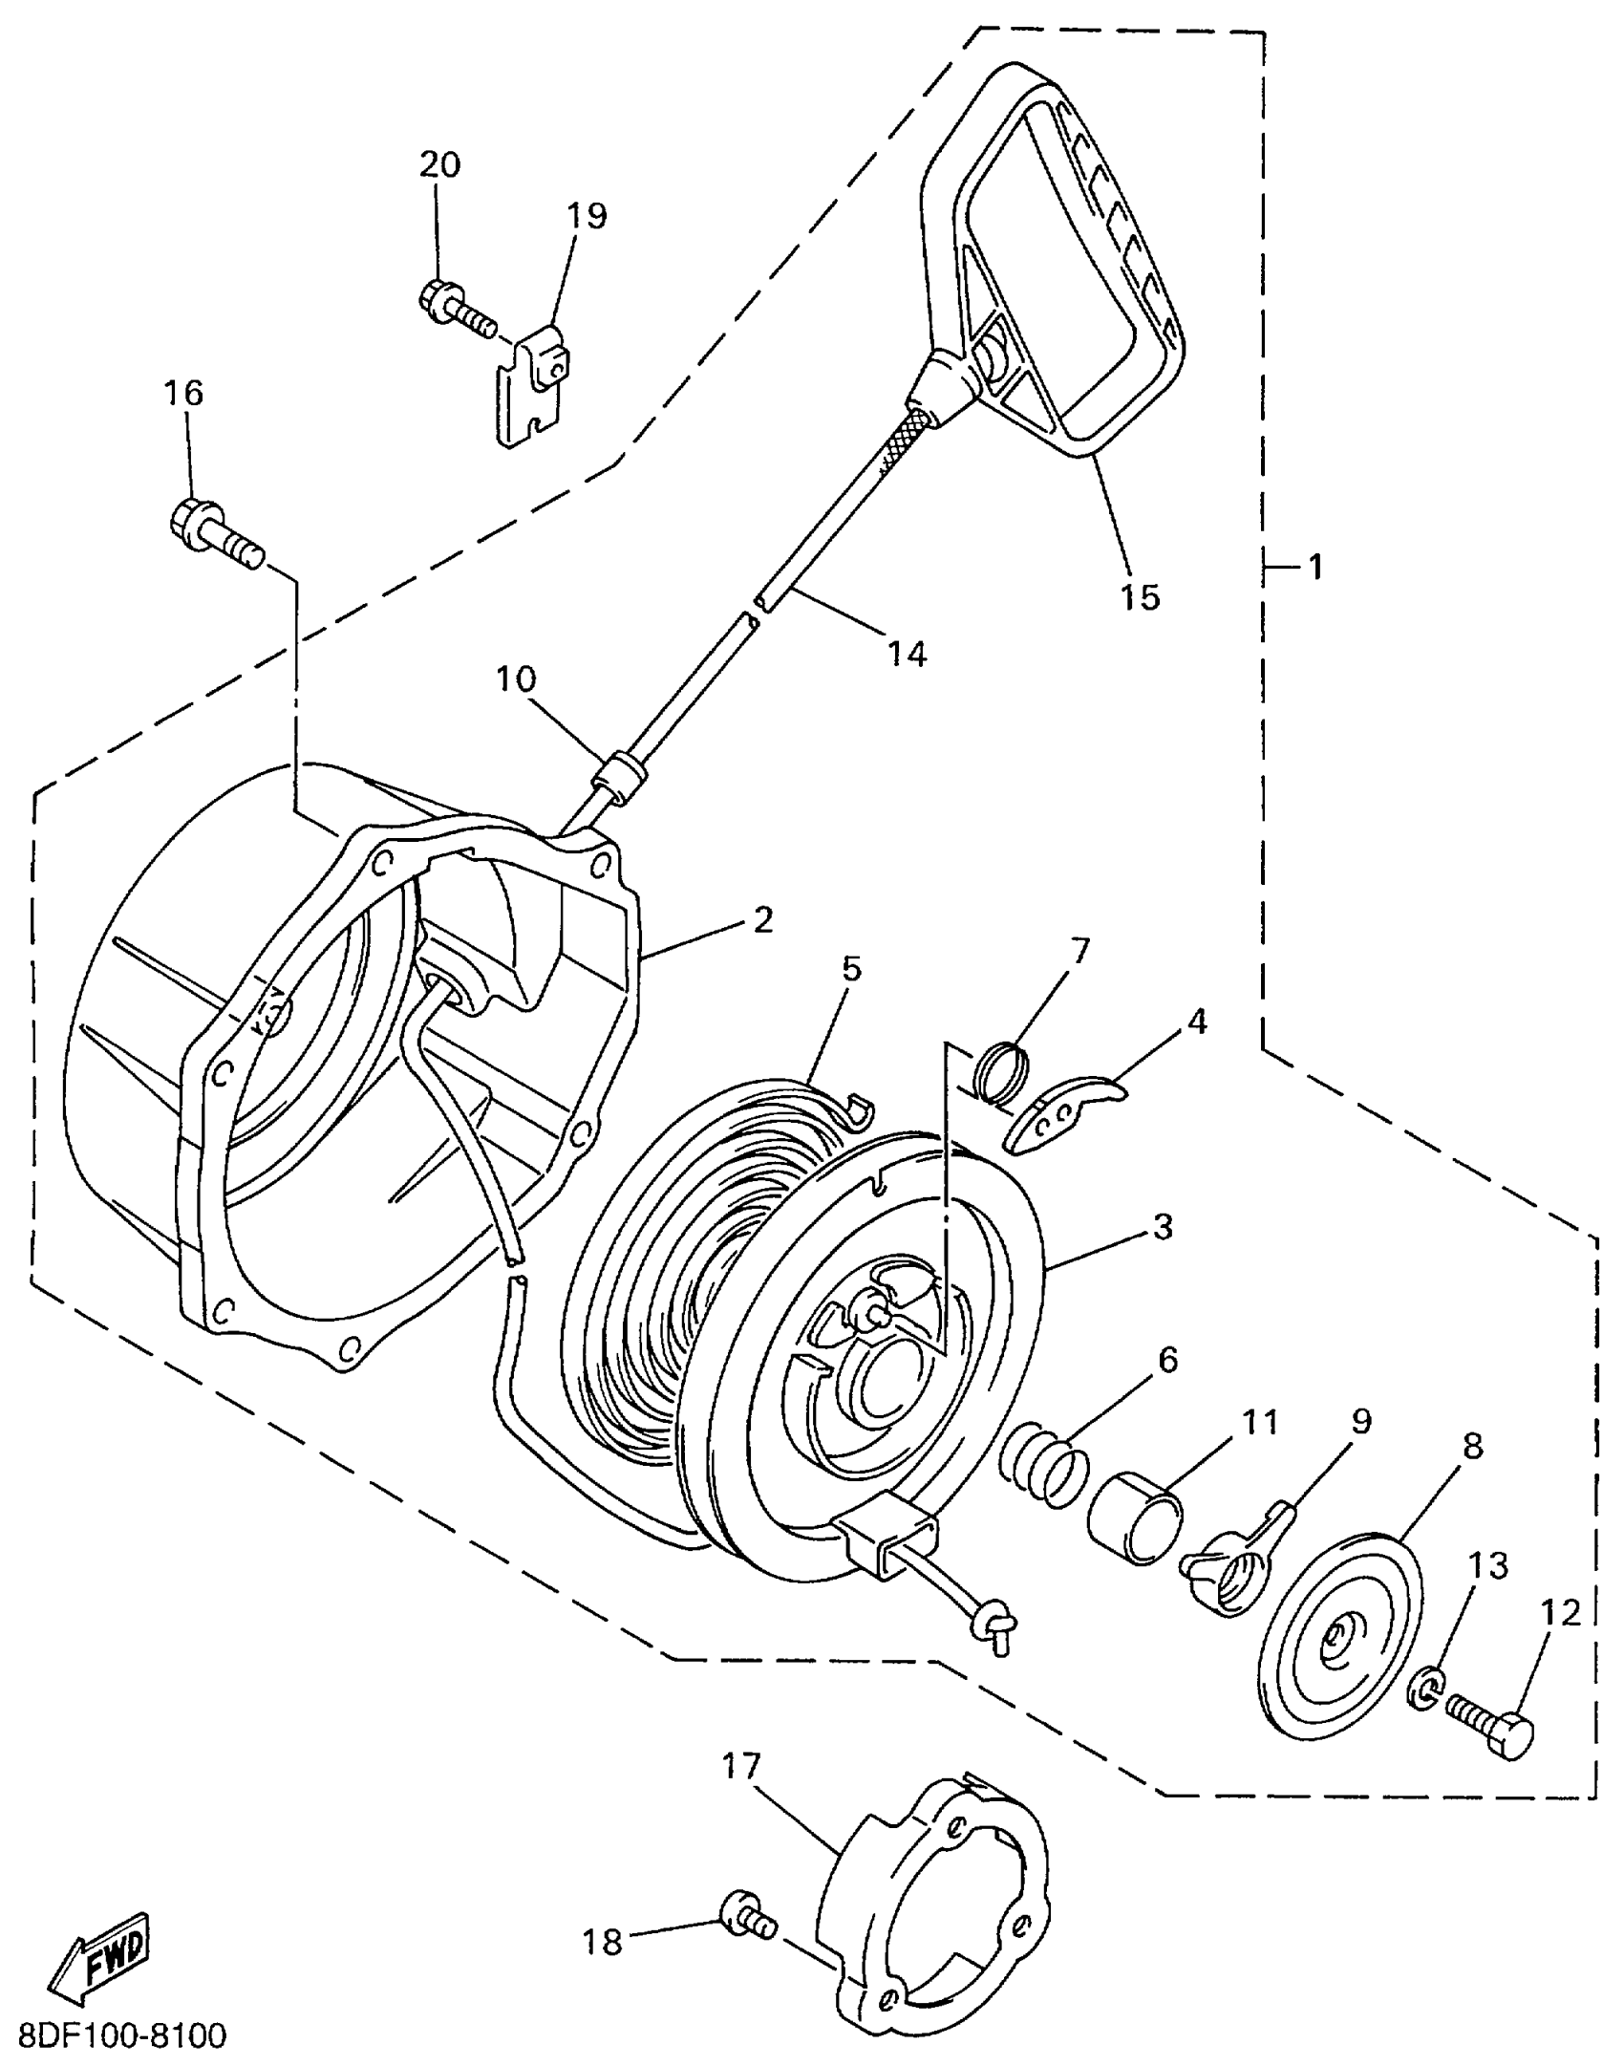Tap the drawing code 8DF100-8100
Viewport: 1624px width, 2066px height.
(x=122, y=2036)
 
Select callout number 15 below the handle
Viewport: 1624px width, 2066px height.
(x=1140, y=596)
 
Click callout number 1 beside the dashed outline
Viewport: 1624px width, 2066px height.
(x=1315, y=568)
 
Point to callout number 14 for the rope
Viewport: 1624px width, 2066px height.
(x=907, y=655)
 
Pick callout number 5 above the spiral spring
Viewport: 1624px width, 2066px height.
(x=851, y=969)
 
